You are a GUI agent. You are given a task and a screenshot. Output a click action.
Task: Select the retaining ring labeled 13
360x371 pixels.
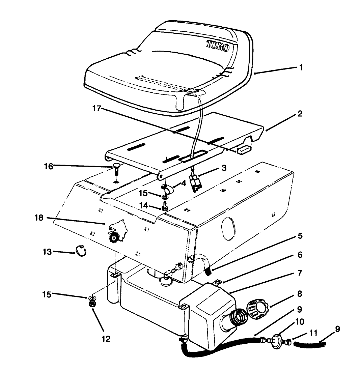tap(81, 251)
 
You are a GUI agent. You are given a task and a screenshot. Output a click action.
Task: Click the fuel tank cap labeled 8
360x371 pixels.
tap(258, 307)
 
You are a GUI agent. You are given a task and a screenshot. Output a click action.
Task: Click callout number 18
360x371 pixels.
tap(39, 218)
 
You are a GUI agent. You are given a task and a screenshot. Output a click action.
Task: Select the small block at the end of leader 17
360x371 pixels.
tap(244, 150)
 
